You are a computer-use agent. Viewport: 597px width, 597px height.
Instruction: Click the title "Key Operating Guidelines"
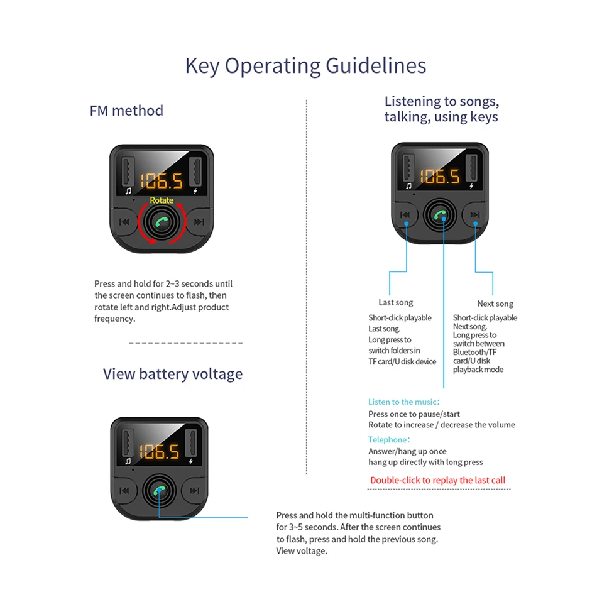click(305, 65)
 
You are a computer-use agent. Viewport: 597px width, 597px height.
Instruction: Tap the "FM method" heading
click(126, 111)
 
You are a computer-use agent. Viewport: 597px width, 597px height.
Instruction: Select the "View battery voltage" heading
click(173, 374)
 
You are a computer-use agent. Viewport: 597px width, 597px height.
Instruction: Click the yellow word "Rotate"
click(162, 200)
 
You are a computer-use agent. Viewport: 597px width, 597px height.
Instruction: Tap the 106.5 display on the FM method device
click(162, 181)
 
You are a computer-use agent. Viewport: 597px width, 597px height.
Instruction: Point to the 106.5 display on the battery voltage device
click(159, 451)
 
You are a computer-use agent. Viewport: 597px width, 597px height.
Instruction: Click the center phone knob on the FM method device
click(162, 222)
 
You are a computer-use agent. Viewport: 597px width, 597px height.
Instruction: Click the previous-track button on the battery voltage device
click(124, 491)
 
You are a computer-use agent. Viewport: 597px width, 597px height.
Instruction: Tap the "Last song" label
click(396, 302)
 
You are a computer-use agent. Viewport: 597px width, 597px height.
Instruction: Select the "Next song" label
click(495, 304)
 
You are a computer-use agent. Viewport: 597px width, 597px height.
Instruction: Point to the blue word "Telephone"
click(388, 440)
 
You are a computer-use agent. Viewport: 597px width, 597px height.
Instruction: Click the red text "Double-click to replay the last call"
click(437, 480)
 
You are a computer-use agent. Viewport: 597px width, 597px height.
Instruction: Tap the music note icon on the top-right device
click(409, 185)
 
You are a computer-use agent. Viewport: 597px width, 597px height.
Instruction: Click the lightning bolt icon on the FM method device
click(195, 190)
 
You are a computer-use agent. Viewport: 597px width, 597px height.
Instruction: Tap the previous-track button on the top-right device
click(406, 216)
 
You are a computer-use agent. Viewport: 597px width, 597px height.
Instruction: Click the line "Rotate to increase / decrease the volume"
click(441, 425)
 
